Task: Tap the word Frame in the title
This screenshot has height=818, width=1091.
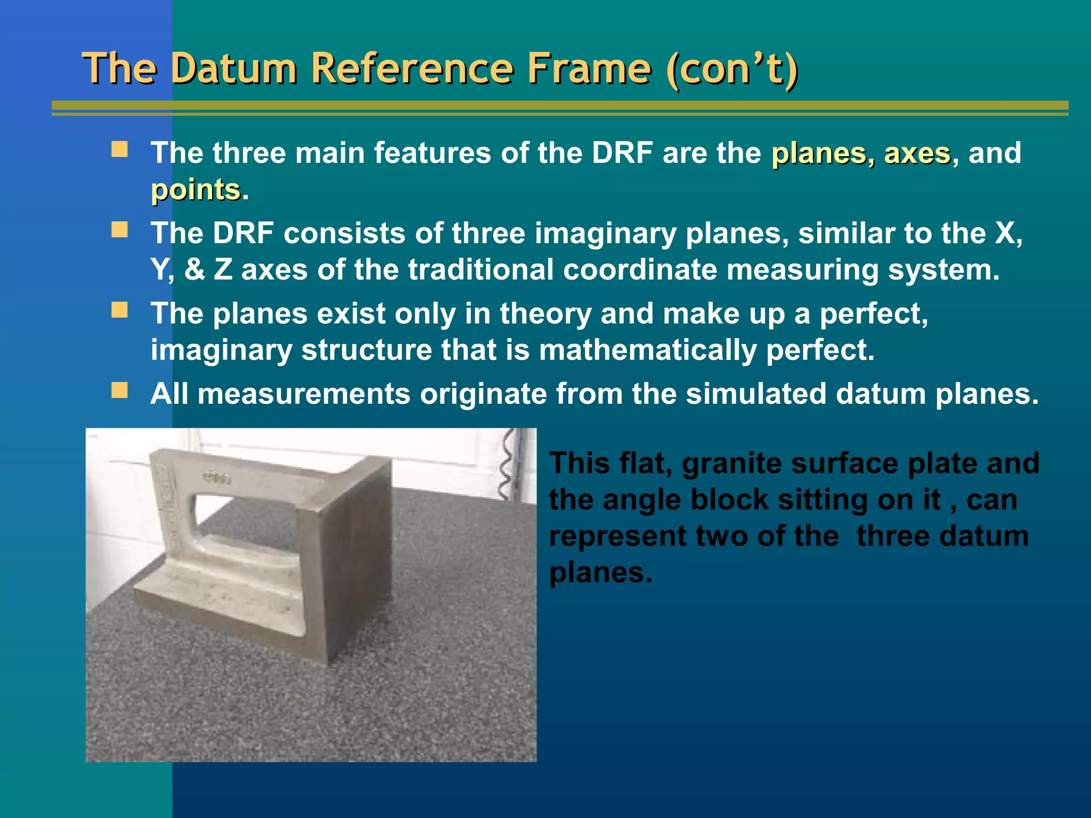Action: coord(589,69)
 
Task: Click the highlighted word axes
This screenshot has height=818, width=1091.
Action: coord(917,153)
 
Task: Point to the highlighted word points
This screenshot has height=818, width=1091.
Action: coord(196,190)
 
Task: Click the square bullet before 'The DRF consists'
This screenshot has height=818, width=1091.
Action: coord(119,230)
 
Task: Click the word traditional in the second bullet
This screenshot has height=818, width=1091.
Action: coord(481,269)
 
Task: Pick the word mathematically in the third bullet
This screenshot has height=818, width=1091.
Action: coord(647,350)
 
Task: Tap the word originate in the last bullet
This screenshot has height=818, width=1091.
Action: coord(483,394)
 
